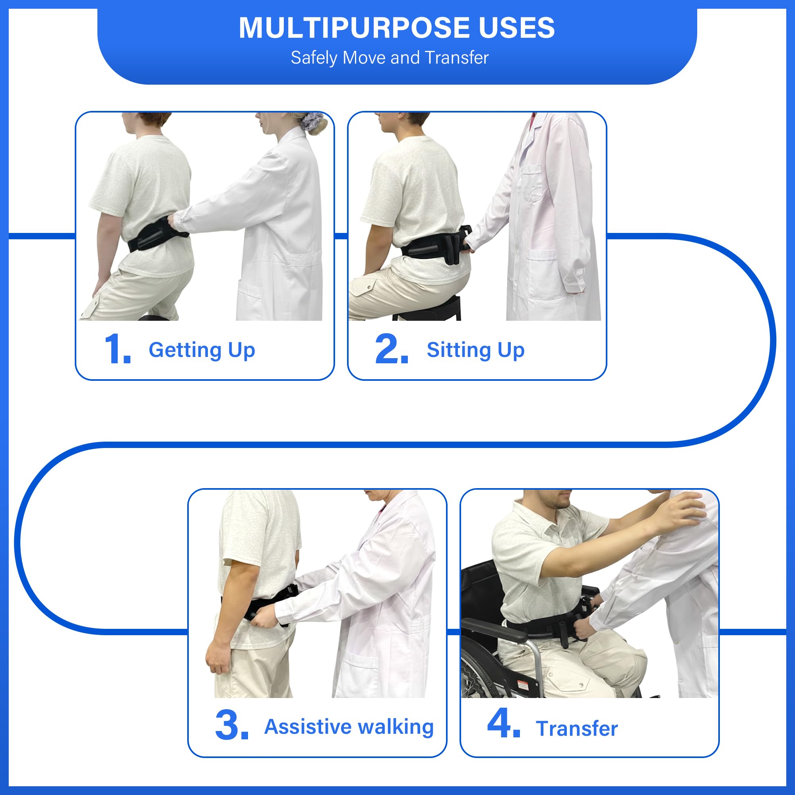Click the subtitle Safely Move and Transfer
click(x=389, y=58)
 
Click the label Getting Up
click(x=202, y=350)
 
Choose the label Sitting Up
click(x=475, y=350)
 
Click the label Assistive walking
click(x=349, y=727)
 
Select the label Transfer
click(x=576, y=729)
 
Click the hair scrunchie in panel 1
click(x=314, y=121)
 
